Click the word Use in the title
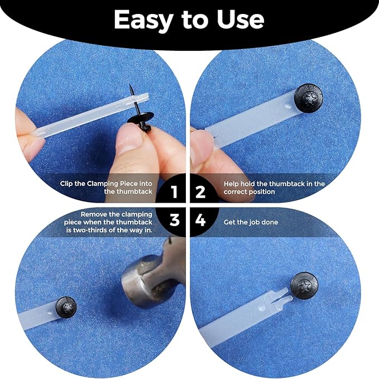[x=241, y=20]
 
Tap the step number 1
[x=174, y=193]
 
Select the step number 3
[x=174, y=220]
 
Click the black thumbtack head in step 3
[x=66, y=307]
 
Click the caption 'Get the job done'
[x=251, y=222]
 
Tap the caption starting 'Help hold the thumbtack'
[x=274, y=187]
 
